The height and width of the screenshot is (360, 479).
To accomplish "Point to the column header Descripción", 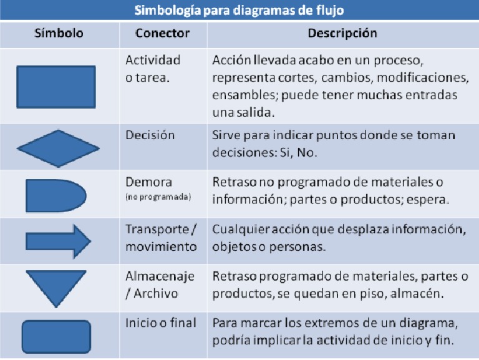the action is (342, 33).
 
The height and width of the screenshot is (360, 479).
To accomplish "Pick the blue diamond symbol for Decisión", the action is (58, 148).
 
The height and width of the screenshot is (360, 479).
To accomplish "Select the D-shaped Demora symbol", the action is (55, 195).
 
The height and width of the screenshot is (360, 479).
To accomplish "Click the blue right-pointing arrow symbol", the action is (58, 241).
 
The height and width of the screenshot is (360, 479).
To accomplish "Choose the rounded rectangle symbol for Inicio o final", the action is (56, 337).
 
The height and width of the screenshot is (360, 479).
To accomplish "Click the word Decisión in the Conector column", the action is (150, 135).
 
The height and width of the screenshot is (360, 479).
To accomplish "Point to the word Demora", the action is (149, 183).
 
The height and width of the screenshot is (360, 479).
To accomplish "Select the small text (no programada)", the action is (158, 197).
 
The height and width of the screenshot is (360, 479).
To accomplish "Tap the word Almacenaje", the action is (160, 276).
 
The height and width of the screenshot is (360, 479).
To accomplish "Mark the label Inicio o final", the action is (161, 323).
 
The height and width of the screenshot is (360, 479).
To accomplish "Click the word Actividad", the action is (153, 60).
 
